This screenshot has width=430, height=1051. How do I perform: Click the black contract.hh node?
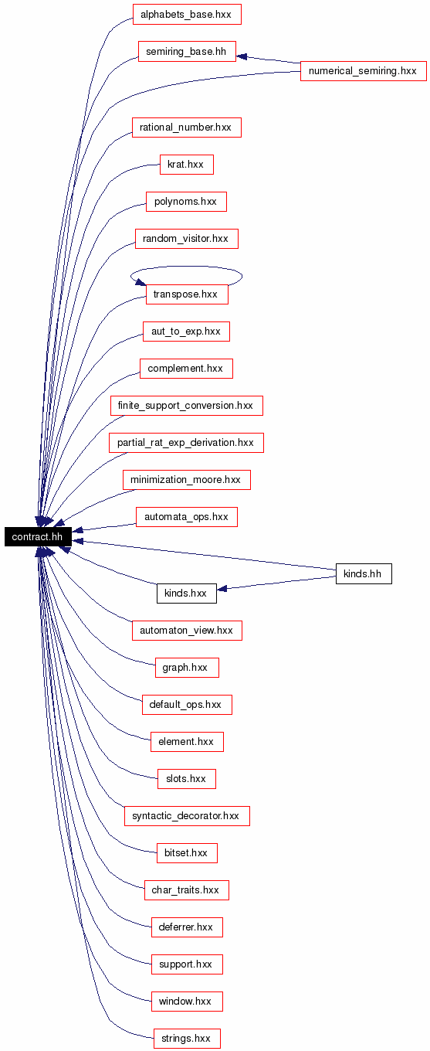pos(38,537)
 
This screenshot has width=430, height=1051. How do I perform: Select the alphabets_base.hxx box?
pos(187,15)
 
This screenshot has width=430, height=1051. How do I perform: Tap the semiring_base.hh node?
pos(187,52)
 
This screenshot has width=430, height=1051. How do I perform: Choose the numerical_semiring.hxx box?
pos(364,71)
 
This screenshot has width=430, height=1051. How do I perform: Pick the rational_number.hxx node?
pos(187,128)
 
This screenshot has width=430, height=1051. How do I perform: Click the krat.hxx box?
pos(187,165)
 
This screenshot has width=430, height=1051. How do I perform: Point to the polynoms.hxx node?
pos(186,202)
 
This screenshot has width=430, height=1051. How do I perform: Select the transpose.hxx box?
pos(187,294)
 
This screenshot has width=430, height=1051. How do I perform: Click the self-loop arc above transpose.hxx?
pos(187,267)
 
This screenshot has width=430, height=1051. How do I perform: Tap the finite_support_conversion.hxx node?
pos(187,406)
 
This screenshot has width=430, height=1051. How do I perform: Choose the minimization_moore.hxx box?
pos(187,479)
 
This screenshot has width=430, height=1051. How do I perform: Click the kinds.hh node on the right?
pos(364,574)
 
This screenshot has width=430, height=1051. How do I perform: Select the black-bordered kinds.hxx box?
pos(187,594)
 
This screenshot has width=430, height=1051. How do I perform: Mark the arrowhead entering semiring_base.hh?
pos(242,56)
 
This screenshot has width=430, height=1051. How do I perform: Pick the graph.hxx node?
pos(187,667)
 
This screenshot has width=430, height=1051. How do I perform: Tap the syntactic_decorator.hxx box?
pos(187,816)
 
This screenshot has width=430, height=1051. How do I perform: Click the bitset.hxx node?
pos(187,853)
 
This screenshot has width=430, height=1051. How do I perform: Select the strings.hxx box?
pos(187,1039)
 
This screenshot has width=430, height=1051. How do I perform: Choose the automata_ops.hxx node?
pos(187,516)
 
